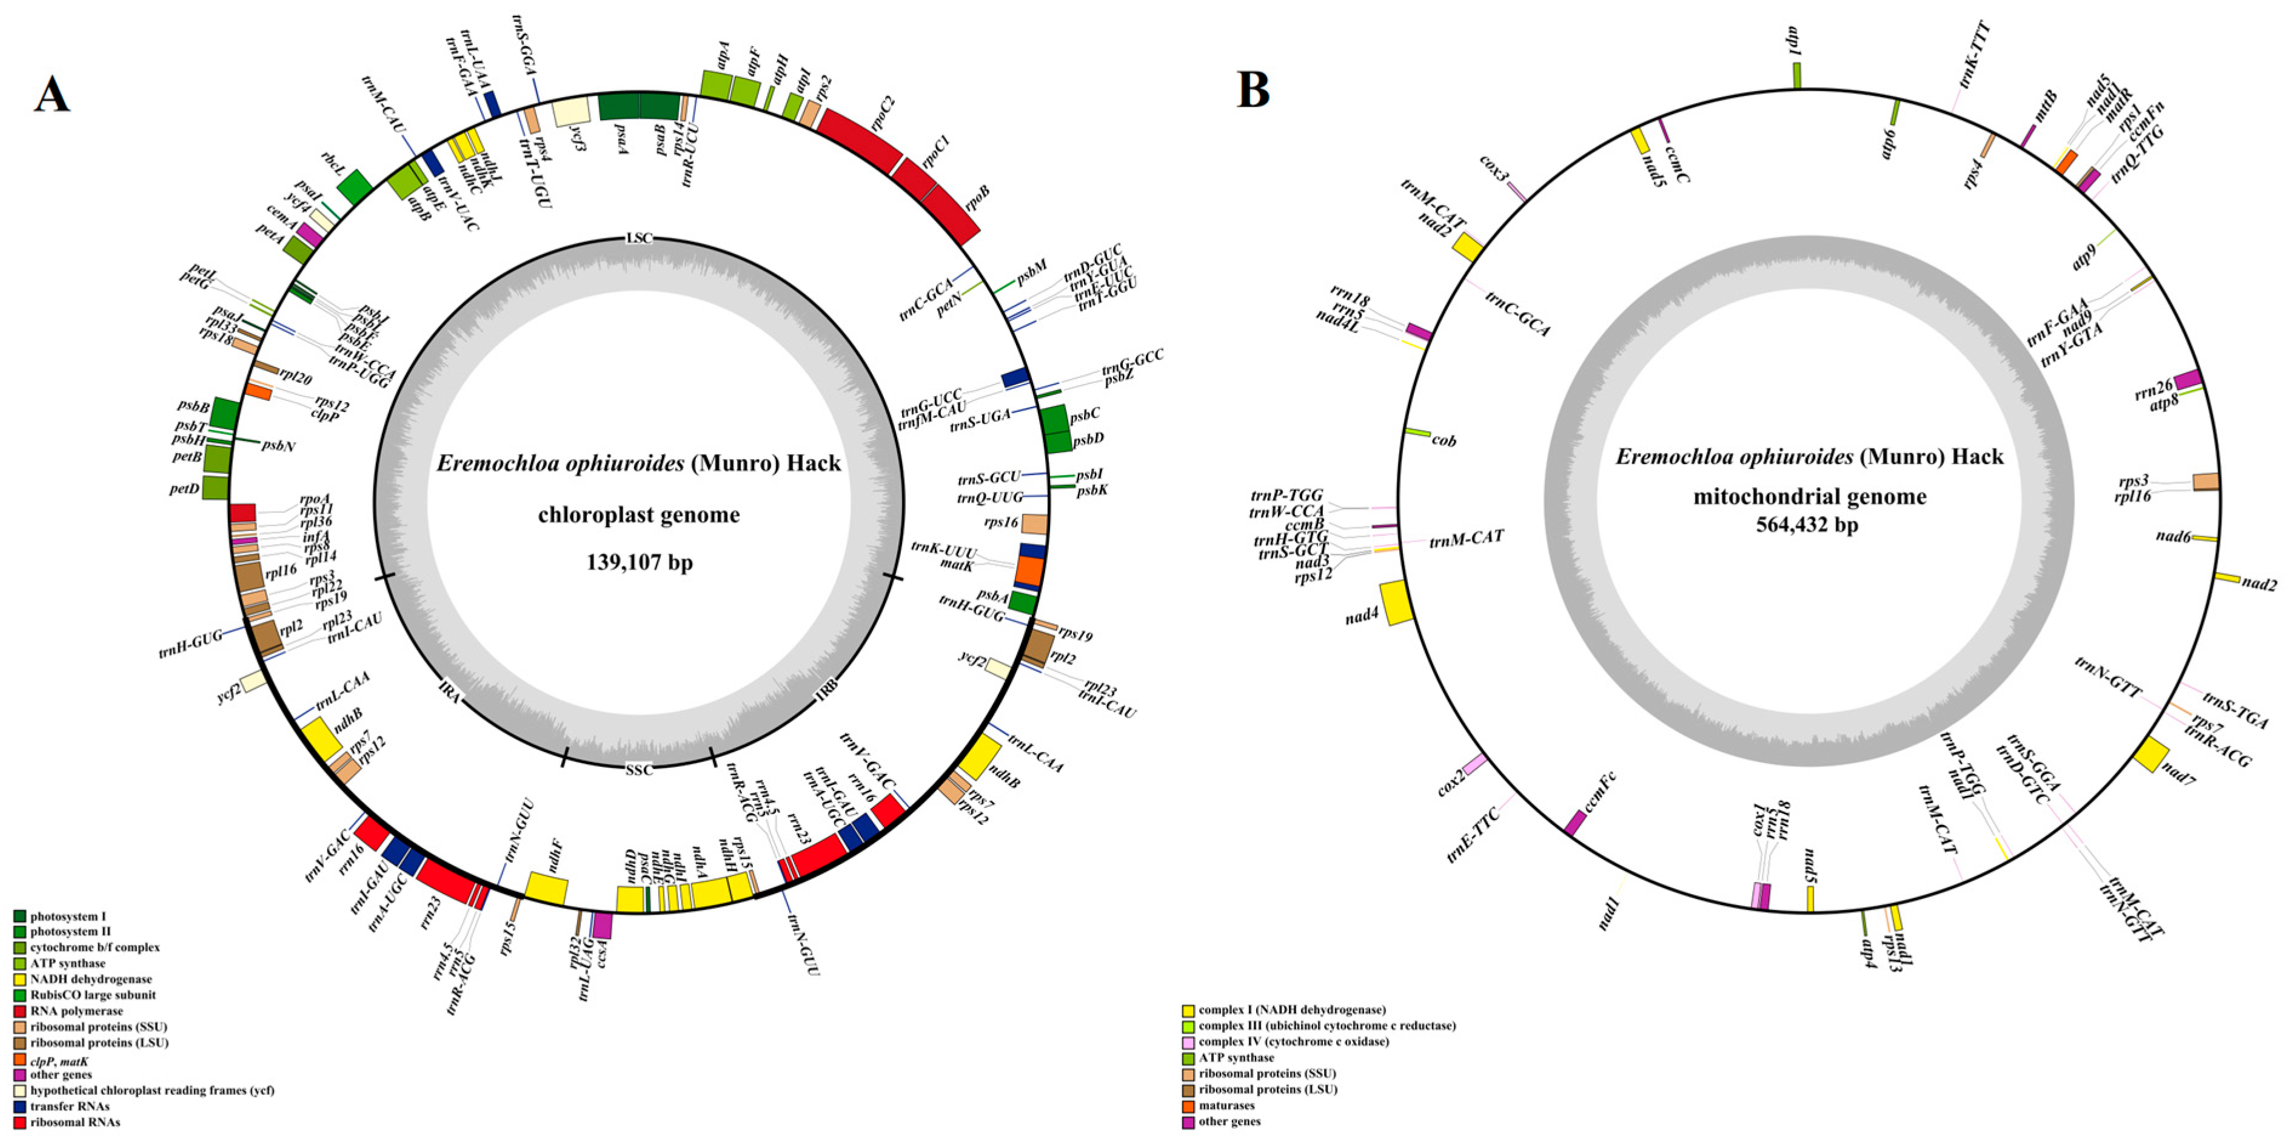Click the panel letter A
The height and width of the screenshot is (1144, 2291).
[52, 93]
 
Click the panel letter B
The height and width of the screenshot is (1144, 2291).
[1253, 89]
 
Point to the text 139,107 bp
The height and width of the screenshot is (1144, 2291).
[638, 562]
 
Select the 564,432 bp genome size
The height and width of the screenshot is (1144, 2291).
[1806, 525]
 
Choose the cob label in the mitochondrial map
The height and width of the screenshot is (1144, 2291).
[1444, 440]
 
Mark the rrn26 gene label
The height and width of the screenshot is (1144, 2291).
[2153, 389]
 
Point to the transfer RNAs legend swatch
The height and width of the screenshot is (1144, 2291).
[19, 1106]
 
